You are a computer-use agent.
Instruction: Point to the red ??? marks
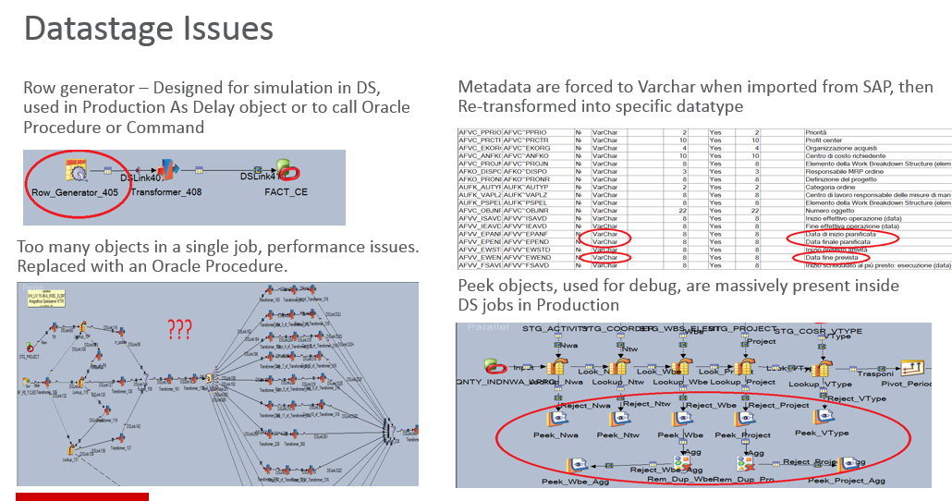(182, 328)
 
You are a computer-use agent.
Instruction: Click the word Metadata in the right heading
(494, 87)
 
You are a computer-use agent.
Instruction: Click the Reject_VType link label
(858, 398)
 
